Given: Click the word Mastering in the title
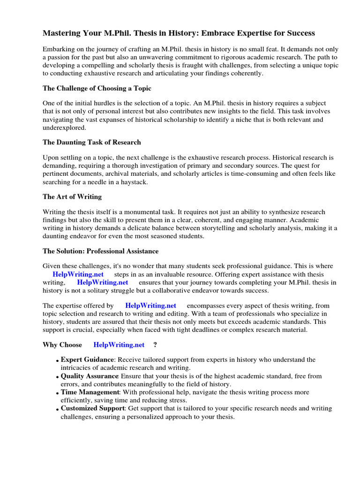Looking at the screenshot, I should pyautogui.click(x=61, y=33).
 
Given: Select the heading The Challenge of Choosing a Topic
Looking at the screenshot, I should pyautogui.click(x=97, y=88).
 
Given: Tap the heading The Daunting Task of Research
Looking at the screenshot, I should pyautogui.click(x=91, y=142).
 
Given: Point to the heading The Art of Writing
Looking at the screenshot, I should pyautogui.click(x=72, y=196).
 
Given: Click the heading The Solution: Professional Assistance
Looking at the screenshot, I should pyautogui.click(x=100, y=251).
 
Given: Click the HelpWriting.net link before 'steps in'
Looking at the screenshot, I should pyautogui.click(x=78, y=274).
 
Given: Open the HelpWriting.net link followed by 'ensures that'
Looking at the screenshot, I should pyautogui.click(x=102, y=283).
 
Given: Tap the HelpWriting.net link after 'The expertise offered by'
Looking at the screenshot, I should pyautogui.click(x=150, y=306).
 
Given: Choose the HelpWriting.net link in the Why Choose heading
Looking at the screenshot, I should pyautogui.click(x=119, y=345).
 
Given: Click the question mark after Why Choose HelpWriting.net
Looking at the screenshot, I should pyautogui.click(x=155, y=345).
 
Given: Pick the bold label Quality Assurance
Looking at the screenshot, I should pyautogui.click(x=90, y=376).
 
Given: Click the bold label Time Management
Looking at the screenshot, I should pyautogui.click(x=90, y=392).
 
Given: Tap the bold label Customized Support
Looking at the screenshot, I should pyautogui.click(x=92, y=408).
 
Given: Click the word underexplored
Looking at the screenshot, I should pyautogui.click(x=64, y=127).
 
